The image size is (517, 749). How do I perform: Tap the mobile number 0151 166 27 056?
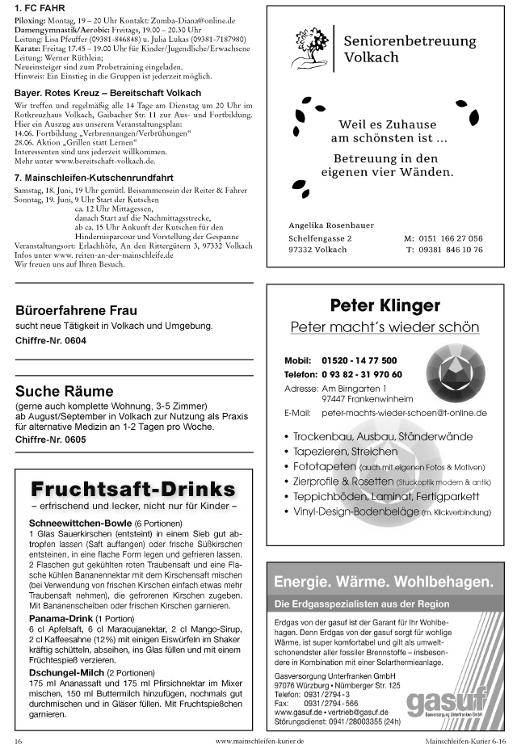(454, 239)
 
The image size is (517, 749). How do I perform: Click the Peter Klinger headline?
(385, 305)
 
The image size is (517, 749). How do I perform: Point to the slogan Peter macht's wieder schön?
(385, 327)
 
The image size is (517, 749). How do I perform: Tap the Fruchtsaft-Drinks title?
(133, 489)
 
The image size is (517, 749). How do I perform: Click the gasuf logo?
(447, 701)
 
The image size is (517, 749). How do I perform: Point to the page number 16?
(18, 739)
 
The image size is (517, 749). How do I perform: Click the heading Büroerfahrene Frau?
(76, 310)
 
